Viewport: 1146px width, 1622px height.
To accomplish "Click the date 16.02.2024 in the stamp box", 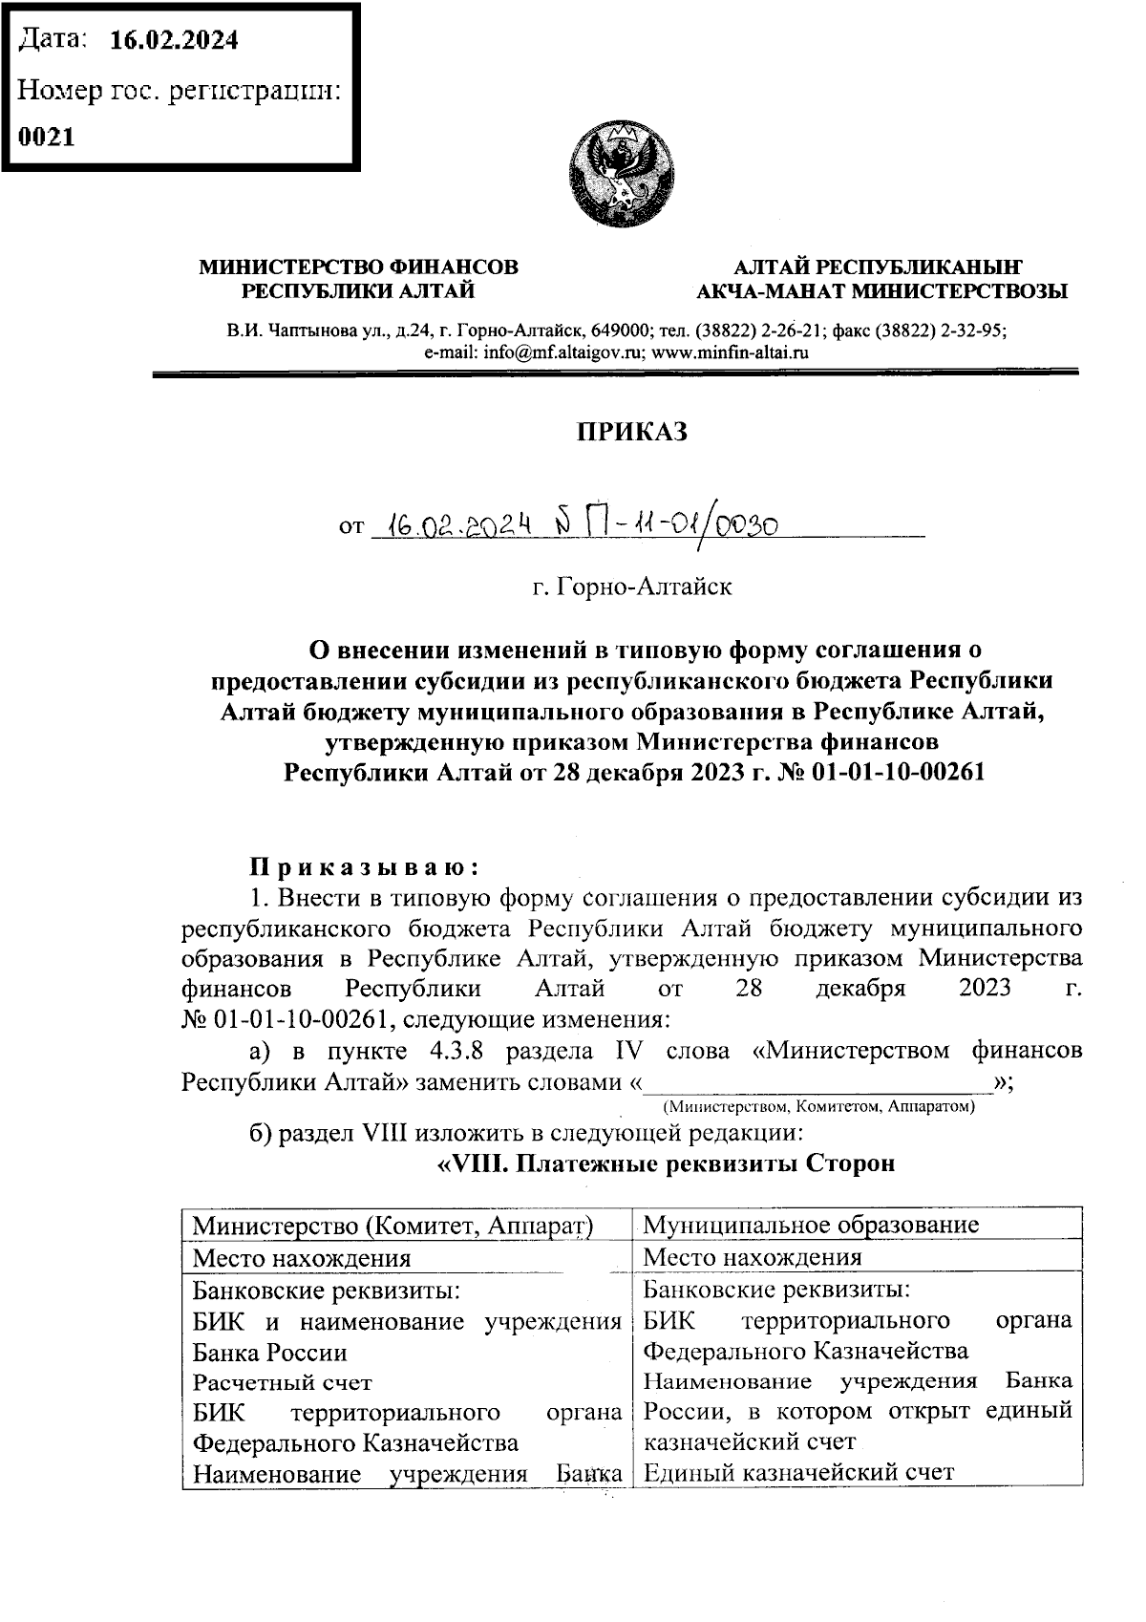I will click(174, 40).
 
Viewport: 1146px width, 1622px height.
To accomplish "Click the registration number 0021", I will click(47, 137).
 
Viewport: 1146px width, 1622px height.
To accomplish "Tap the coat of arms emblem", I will click(618, 173).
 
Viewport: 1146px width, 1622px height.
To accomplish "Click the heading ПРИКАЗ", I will click(631, 433).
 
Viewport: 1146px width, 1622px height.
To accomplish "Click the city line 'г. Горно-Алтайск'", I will click(632, 587).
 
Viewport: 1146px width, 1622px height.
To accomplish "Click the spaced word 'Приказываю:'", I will click(364, 867).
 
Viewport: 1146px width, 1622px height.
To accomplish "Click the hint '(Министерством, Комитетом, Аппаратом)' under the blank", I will click(818, 1107).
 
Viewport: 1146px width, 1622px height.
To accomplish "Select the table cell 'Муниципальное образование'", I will click(811, 1225).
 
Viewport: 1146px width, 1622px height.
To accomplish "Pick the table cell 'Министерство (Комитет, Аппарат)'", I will click(393, 1226).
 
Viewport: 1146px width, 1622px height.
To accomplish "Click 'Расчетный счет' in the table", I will click(282, 1382).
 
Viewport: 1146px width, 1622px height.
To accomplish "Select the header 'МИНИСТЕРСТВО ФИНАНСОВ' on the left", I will click(358, 267).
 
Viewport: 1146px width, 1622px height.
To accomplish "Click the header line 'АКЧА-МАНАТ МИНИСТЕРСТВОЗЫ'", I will click(881, 291).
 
